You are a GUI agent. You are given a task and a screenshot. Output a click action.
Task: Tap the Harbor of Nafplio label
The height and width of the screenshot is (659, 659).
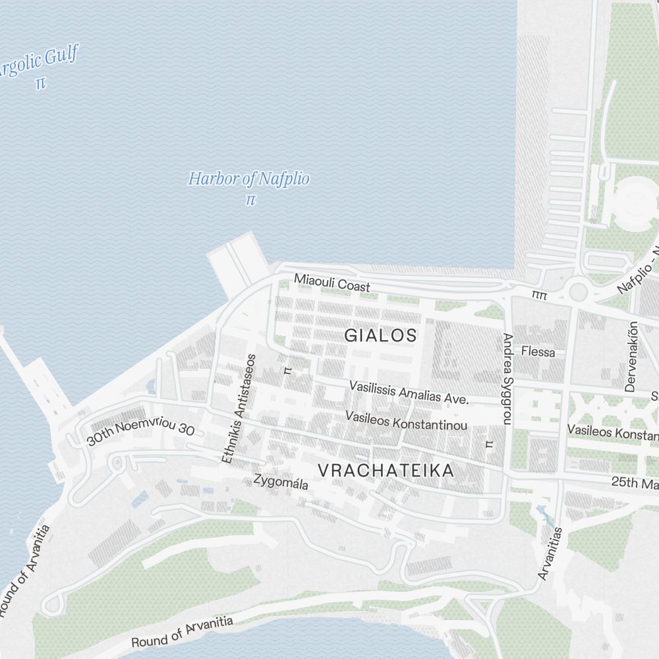click(248, 179)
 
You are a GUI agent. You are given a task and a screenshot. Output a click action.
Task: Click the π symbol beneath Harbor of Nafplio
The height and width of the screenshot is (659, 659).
click(250, 200)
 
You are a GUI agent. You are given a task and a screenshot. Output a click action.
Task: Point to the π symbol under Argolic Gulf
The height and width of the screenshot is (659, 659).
click(41, 83)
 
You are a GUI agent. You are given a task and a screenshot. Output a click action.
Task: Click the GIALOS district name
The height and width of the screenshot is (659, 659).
click(381, 335)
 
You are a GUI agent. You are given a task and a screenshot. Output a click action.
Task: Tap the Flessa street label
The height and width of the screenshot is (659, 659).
click(538, 352)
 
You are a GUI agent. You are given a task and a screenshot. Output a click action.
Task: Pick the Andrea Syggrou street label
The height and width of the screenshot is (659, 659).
click(507, 379)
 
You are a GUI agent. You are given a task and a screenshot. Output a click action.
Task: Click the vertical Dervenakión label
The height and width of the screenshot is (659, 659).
click(631, 357)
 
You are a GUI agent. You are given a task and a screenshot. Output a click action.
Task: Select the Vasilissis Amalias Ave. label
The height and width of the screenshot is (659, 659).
click(409, 393)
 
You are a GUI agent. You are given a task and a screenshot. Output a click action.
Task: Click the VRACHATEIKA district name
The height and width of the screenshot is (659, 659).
click(386, 471)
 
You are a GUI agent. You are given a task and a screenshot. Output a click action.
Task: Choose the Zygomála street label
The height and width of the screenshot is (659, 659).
click(281, 482)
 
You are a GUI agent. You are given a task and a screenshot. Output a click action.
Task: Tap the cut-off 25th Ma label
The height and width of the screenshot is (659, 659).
click(634, 482)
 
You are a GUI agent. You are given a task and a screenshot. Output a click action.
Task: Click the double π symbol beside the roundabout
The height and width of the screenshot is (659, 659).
click(540, 295)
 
